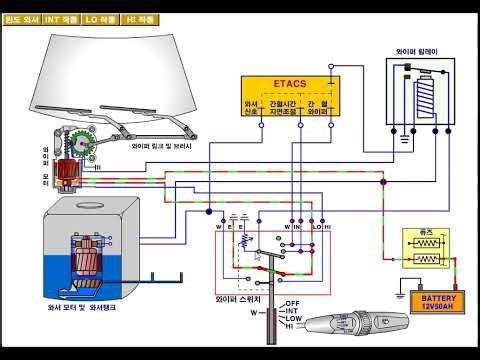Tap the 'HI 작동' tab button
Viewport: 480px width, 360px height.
coord(141,19)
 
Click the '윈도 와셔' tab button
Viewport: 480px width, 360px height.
coord(20,19)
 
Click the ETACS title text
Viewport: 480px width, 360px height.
coord(289,86)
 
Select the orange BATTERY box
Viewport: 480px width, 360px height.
coord(436,302)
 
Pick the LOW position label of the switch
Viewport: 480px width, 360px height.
coord(294,319)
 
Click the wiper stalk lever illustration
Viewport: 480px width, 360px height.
coord(350,325)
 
